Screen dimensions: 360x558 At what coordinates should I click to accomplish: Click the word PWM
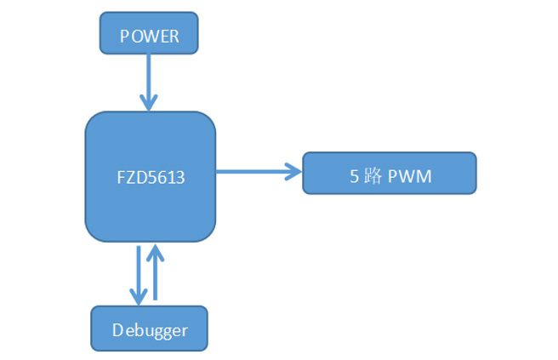click(x=410, y=177)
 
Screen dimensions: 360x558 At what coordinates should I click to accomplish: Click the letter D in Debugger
click(x=117, y=329)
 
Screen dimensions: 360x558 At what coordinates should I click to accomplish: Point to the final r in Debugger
click(x=184, y=330)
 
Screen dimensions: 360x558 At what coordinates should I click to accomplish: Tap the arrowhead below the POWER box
click(x=149, y=103)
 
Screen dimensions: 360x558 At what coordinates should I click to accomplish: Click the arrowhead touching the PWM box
click(x=295, y=172)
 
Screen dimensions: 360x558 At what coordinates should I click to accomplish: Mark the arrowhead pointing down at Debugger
click(x=138, y=295)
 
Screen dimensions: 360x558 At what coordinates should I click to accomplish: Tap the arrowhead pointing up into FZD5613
click(x=155, y=251)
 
